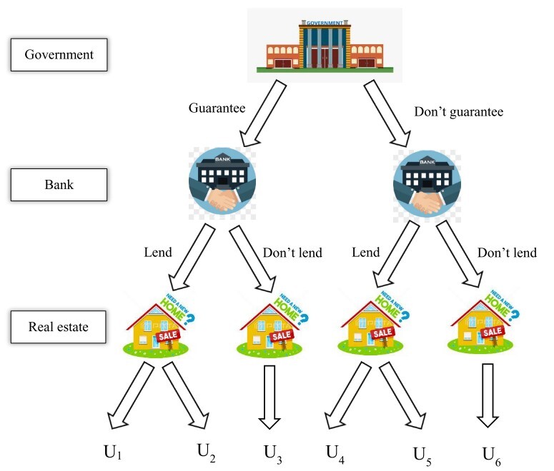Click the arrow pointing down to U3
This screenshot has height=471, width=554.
[x=269, y=396]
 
